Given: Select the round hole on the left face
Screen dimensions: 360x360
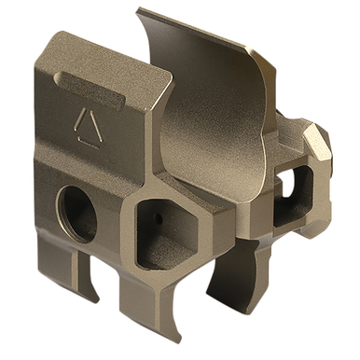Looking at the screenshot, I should click(77, 211).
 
